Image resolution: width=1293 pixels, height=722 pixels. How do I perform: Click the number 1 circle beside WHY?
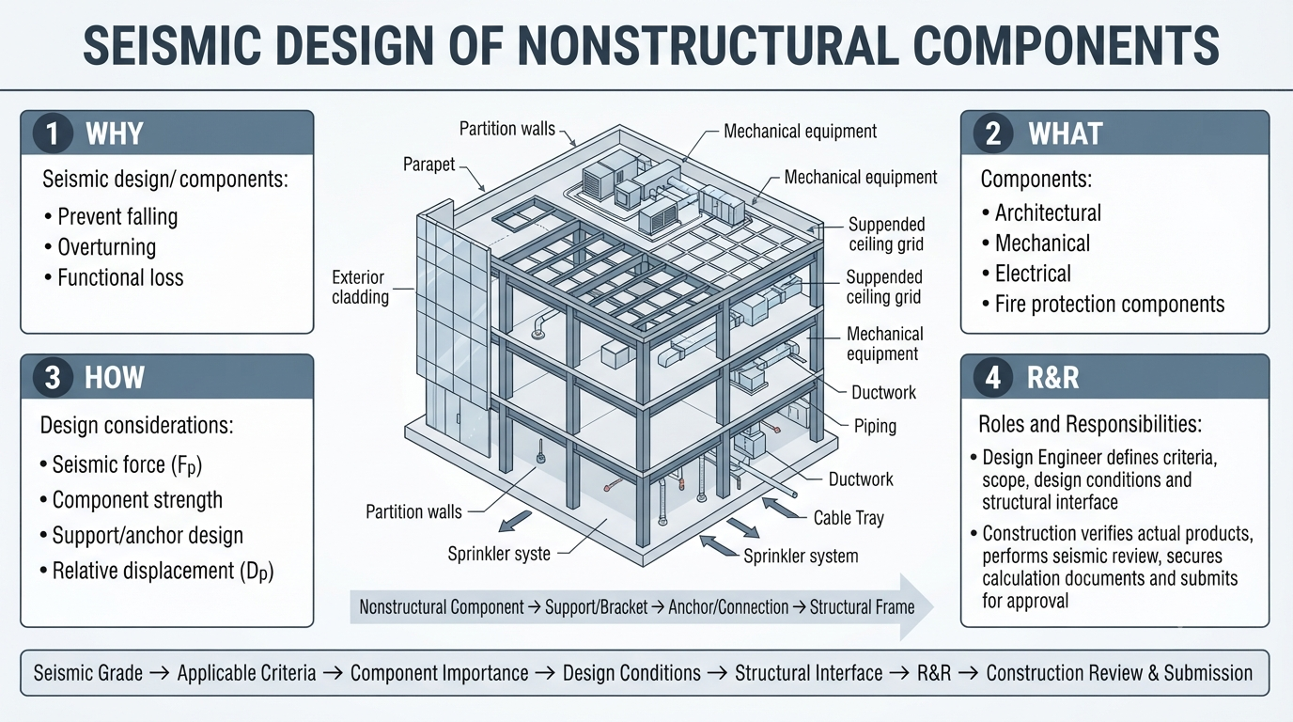tap(53, 133)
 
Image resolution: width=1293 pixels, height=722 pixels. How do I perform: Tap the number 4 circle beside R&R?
tap(993, 378)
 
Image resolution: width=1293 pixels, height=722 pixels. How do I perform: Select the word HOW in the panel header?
tap(115, 378)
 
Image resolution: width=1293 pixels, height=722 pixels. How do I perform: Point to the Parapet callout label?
tap(428, 165)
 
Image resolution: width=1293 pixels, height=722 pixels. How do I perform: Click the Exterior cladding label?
tap(360, 287)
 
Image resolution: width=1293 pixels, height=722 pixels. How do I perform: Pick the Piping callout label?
tap(875, 426)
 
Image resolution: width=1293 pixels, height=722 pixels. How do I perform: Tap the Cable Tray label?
tap(849, 518)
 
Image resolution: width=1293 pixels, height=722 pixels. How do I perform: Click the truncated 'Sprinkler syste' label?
tap(499, 554)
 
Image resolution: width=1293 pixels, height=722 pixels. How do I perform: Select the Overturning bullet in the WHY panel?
tap(101, 247)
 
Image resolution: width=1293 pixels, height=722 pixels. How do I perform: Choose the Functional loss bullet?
tap(115, 277)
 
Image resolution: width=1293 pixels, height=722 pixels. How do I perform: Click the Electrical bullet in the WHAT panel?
tap(1026, 274)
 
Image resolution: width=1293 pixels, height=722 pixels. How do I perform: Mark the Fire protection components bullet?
tap(1102, 304)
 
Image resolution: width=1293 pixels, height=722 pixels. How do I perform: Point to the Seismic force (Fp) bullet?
tap(121, 465)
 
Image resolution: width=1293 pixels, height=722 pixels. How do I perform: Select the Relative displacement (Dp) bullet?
tap(156, 572)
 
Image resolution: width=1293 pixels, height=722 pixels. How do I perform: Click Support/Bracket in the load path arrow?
tap(597, 607)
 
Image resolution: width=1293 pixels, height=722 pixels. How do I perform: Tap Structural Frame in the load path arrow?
tap(862, 607)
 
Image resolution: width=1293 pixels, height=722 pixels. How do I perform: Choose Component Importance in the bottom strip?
tap(439, 673)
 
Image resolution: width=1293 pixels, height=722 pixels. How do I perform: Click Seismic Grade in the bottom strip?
tap(87, 673)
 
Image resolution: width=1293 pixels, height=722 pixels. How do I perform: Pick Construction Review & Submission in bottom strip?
tap(1119, 673)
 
